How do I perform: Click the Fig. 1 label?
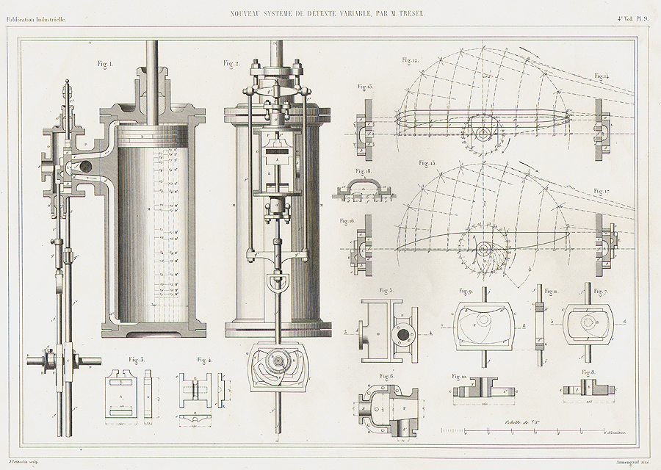(x=104, y=65)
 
